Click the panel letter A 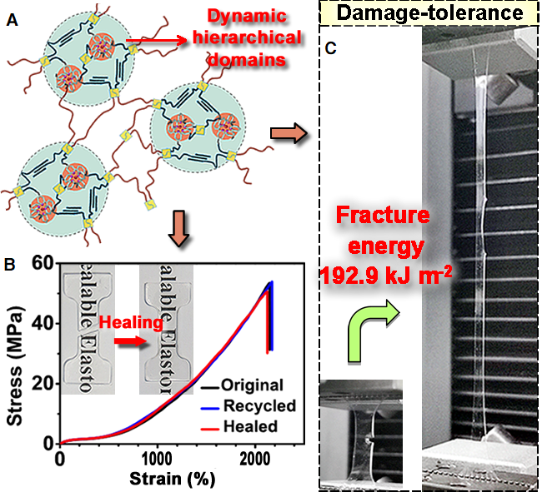13,20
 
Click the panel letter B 10,265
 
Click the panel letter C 330,48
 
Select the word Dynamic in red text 247,16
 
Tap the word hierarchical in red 247,37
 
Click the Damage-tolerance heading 429,12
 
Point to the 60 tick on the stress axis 43,264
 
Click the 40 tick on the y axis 43,323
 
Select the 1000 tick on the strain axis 158,460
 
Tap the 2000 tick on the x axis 255,460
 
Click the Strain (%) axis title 172,479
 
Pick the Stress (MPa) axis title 15,365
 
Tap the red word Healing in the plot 131,323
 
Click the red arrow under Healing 131,341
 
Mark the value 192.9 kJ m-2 385,276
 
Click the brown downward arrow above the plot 178,228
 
